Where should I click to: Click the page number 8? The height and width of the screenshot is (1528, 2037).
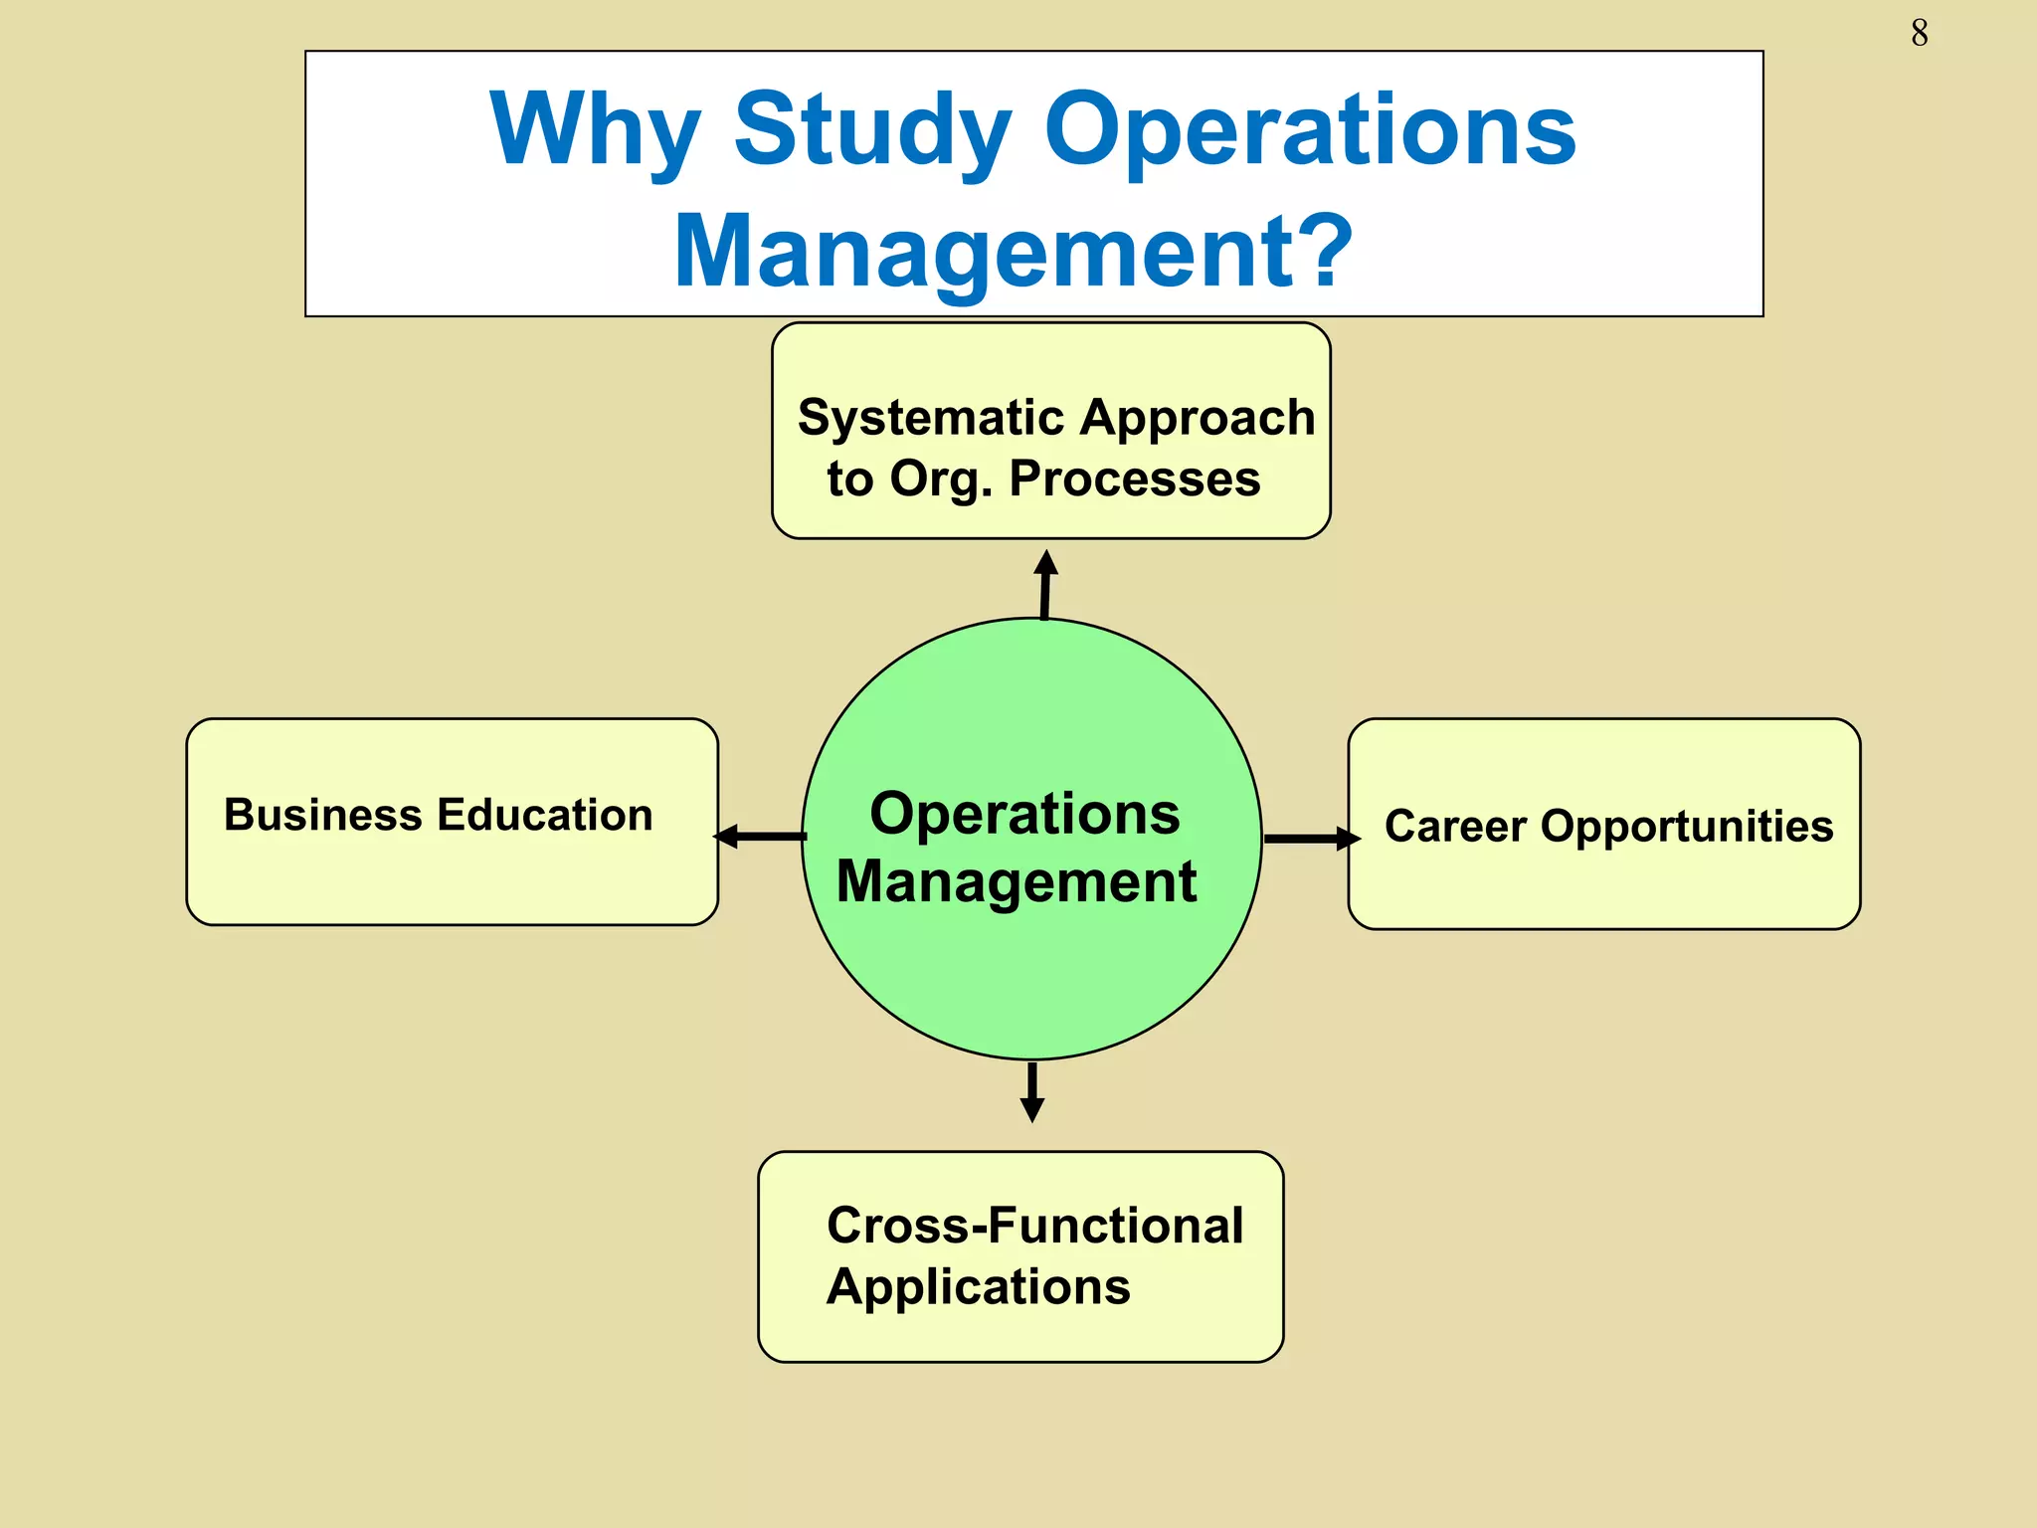[x=1919, y=34]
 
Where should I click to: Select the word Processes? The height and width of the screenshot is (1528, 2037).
[x=1135, y=478]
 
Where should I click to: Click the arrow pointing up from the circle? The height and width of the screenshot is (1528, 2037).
[x=1044, y=584]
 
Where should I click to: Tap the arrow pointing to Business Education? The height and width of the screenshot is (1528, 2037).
[x=760, y=837]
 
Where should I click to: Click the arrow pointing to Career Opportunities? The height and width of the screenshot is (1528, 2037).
[x=1311, y=839]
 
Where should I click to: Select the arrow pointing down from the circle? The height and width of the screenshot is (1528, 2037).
[x=1032, y=1091]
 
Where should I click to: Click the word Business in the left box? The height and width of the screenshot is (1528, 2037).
[x=323, y=815]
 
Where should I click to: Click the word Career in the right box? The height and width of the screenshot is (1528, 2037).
[x=1455, y=827]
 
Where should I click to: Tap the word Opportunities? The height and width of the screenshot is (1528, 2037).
[x=1687, y=828]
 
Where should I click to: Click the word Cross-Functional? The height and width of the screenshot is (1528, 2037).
[x=1034, y=1226]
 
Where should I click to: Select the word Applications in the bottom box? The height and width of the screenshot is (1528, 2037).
[x=979, y=1288]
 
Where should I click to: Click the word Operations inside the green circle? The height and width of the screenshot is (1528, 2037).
[x=1024, y=814]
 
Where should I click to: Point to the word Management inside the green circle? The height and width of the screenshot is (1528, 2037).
[x=1017, y=881]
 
